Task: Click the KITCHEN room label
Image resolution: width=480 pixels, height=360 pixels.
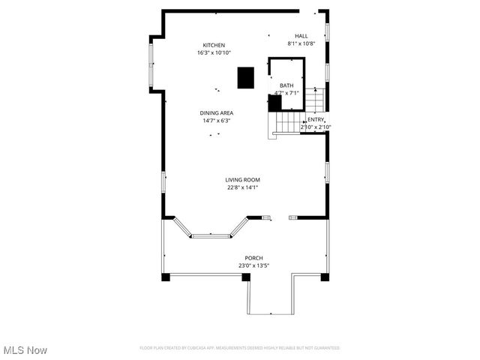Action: [x=214, y=45]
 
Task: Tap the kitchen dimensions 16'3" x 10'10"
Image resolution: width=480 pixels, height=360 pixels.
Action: [x=214, y=53]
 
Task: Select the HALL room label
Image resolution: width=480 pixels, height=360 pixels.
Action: [x=301, y=36]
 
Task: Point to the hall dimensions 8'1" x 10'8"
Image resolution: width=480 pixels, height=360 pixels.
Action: [x=301, y=43]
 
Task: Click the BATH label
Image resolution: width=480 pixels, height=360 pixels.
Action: [x=286, y=85]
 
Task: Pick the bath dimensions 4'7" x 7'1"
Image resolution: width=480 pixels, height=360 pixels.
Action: [x=286, y=93]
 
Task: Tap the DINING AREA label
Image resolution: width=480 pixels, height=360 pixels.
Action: [x=216, y=112]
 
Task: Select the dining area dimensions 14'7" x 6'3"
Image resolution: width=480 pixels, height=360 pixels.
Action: [x=216, y=121]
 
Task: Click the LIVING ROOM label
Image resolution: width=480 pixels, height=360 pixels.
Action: [x=243, y=179]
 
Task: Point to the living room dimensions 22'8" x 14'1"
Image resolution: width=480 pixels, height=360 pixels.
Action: [x=243, y=187]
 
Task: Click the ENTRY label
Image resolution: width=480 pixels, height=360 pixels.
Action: [x=316, y=120]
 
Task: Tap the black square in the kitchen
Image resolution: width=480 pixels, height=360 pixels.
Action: [x=245, y=78]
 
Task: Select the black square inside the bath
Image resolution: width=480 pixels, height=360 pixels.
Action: [x=274, y=103]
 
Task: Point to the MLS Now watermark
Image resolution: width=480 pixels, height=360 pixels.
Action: [x=25, y=350]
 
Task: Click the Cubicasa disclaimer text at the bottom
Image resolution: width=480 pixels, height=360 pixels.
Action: [x=239, y=348]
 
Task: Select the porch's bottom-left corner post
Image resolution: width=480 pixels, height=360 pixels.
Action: [x=166, y=277]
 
